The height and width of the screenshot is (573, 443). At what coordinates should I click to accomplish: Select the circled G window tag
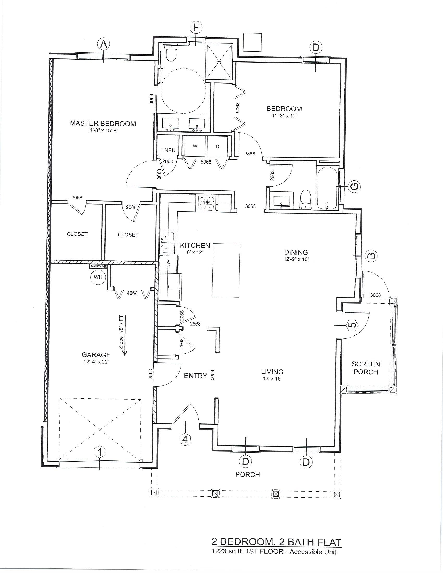pyautogui.click(x=354, y=186)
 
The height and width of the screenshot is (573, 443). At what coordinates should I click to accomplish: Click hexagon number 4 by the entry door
pyautogui.click(x=185, y=439)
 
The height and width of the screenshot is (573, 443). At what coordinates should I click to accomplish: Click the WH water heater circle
pyautogui.click(x=98, y=277)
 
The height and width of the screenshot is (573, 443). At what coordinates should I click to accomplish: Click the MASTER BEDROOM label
pyautogui.click(x=103, y=123)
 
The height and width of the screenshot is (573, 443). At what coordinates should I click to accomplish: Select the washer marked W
pyautogui.click(x=195, y=146)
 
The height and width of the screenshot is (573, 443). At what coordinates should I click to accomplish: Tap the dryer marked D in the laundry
pyautogui.click(x=218, y=146)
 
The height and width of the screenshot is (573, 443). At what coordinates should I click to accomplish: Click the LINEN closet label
pyautogui.click(x=168, y=150)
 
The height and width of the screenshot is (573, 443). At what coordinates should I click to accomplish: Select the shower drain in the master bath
pyautogui.click(x=219, y=61)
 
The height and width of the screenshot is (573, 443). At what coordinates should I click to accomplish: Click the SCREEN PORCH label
pyautogui.click(x=366, y=368)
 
